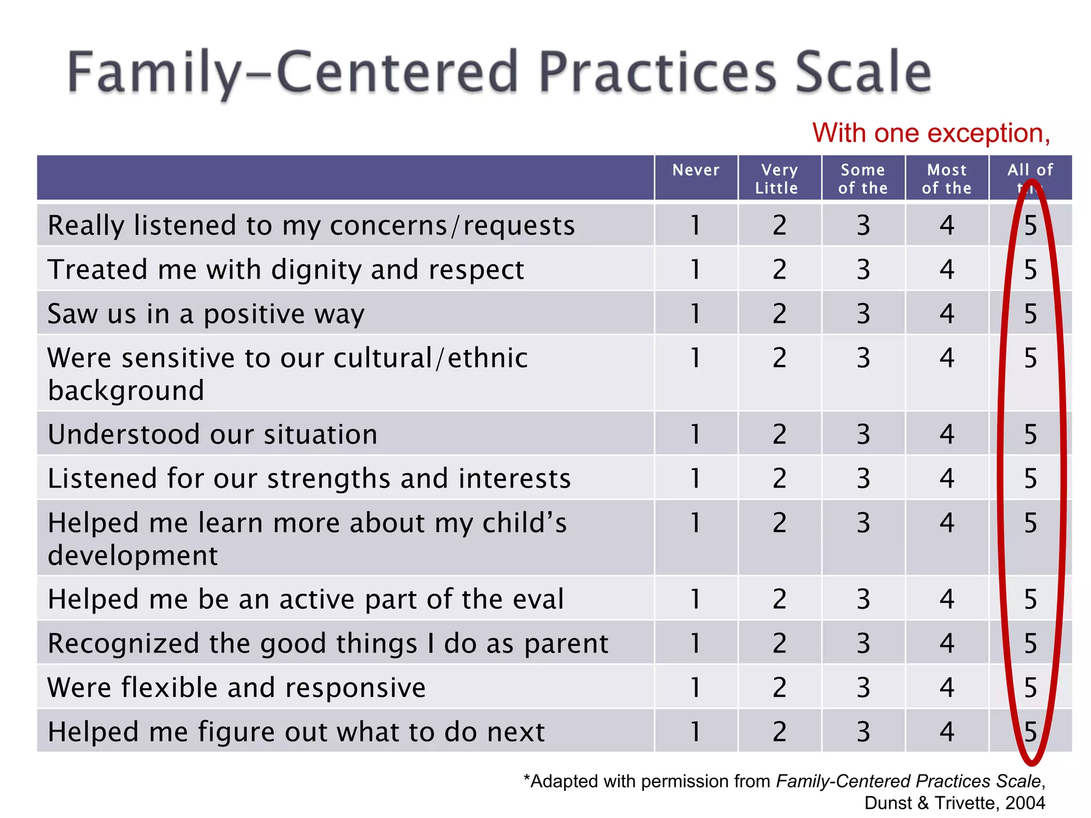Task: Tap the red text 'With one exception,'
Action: (x=931, y=133)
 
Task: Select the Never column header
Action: (x=696, y=170)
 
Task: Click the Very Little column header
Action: (x=779, y=179)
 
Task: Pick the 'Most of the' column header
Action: (x=947, y=179)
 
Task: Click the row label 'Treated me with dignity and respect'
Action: (x=286, y=269)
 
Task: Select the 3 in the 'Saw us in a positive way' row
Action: (x=863, y=314)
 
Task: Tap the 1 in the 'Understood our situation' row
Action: (x=695, y=434)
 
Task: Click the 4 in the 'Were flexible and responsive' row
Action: (x=947, y=688)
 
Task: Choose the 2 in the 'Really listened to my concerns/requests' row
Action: (x=779, y=225)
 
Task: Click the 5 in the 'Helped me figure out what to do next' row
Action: (x=1031, y=732)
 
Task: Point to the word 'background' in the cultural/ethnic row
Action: (x=126, y=391)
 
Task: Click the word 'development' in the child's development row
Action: (x=133, y=556)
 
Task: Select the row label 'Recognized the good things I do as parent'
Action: (x=328, y=643)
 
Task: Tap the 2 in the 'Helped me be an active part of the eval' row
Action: (x=779, y=599)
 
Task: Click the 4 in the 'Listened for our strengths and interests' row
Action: (x=947, y=478)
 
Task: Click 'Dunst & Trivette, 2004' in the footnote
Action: (x=954, y=803)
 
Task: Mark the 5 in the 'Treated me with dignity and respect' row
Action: (x=1031, y=269)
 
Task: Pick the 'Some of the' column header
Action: (x=863, y=179)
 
